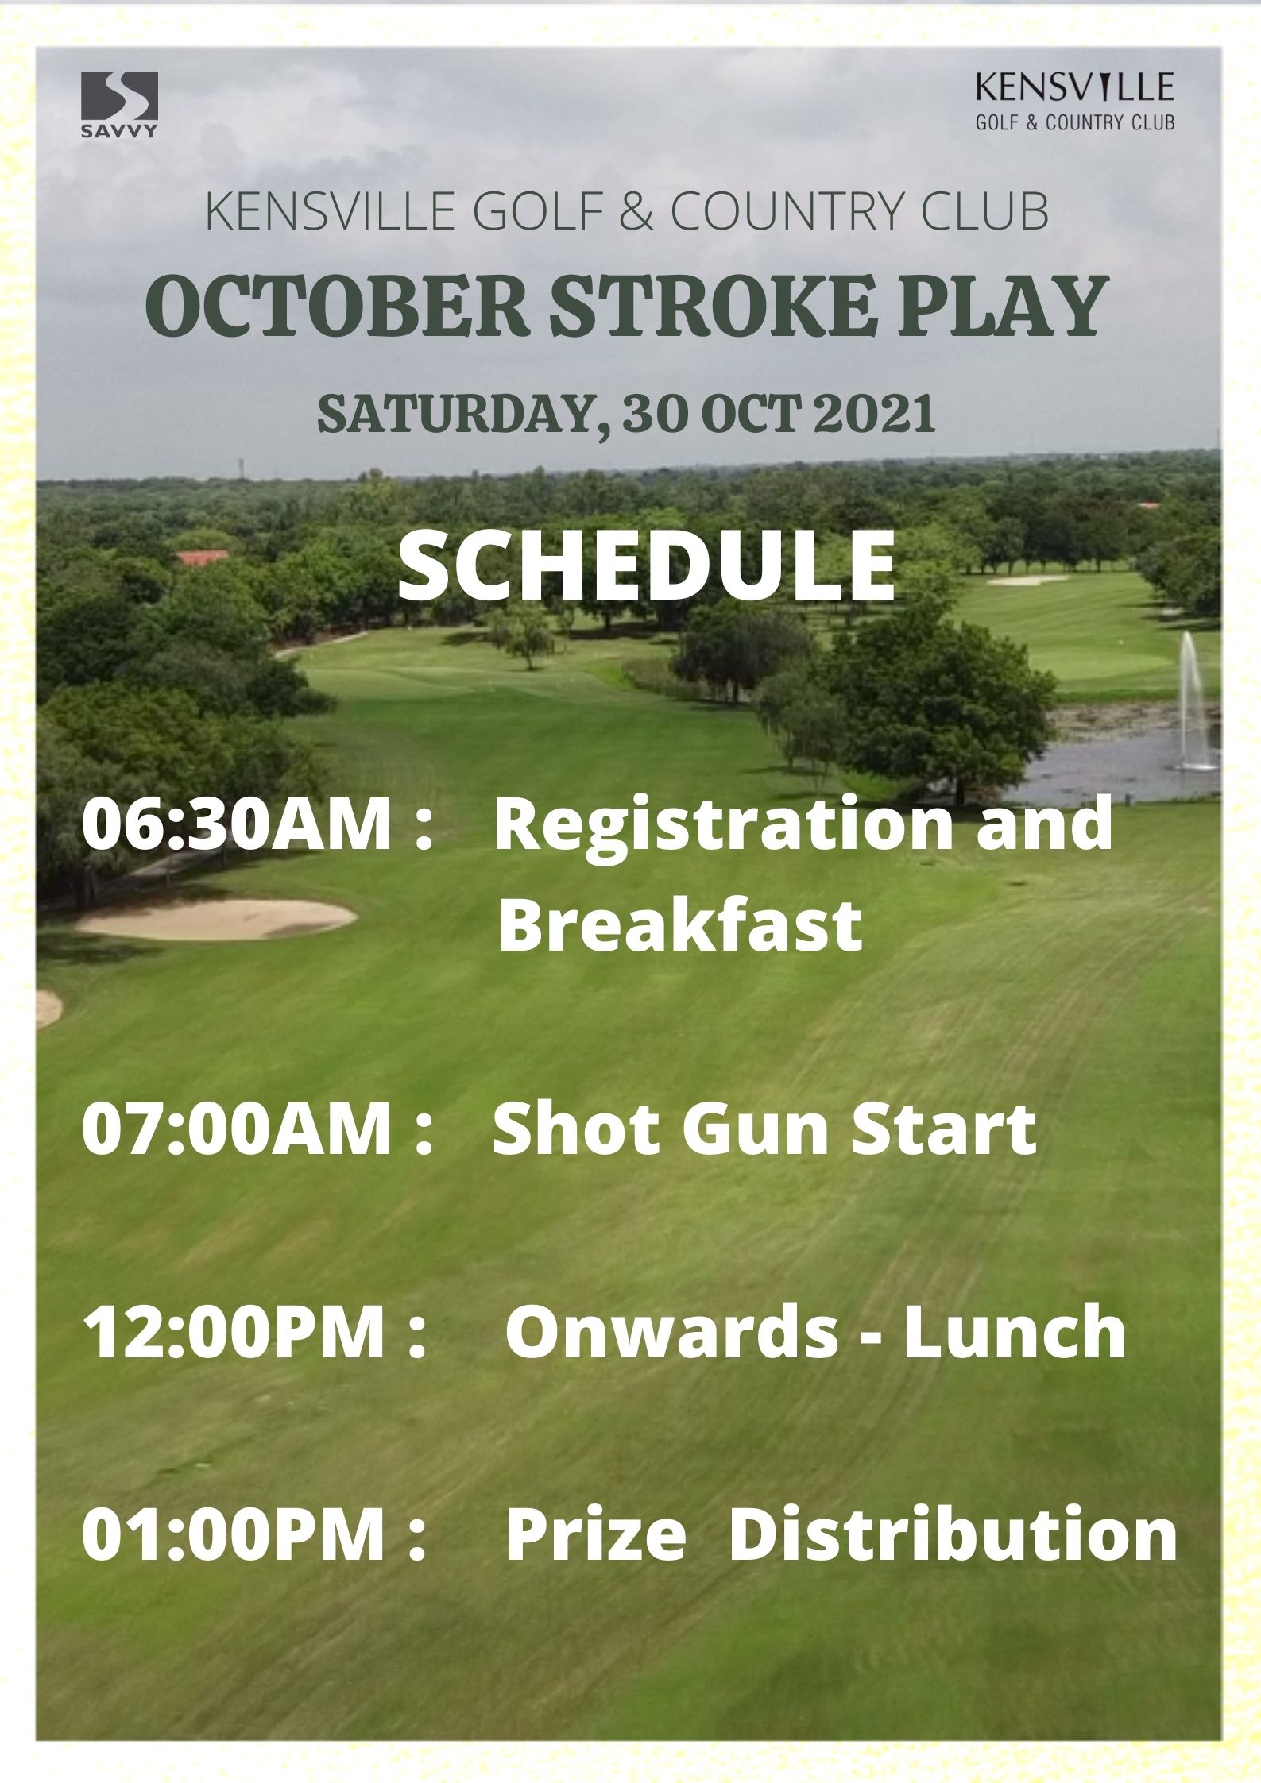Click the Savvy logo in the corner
(x=119, y=105)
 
